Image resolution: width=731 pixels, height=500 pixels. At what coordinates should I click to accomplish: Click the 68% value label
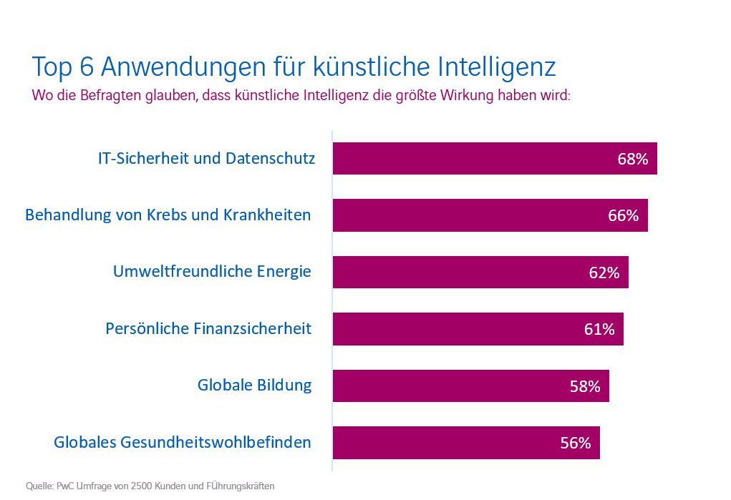(x=632, y=159)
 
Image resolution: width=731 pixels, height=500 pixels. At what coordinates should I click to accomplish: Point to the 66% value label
(x=623, y=215)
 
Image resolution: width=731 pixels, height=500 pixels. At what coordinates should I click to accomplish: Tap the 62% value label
(x=604, y=273)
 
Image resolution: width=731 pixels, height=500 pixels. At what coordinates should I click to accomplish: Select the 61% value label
(x=599, y=329)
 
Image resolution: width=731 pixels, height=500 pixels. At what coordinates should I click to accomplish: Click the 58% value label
(x=584, y=386)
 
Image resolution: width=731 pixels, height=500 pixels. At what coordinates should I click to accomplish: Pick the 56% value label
(x=575, y=443)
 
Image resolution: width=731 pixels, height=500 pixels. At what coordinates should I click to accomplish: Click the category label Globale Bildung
(x=254, y=385)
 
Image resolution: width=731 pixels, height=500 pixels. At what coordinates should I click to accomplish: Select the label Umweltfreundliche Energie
(x=212, y=272)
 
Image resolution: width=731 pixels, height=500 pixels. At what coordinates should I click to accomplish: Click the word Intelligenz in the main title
(x=495, y=67)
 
